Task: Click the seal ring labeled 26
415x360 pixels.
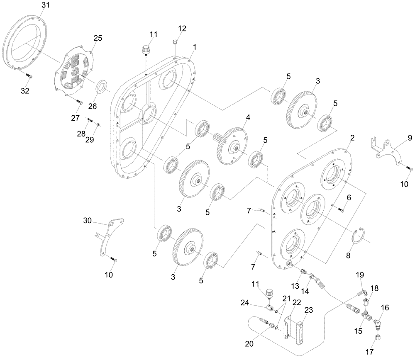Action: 102,88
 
